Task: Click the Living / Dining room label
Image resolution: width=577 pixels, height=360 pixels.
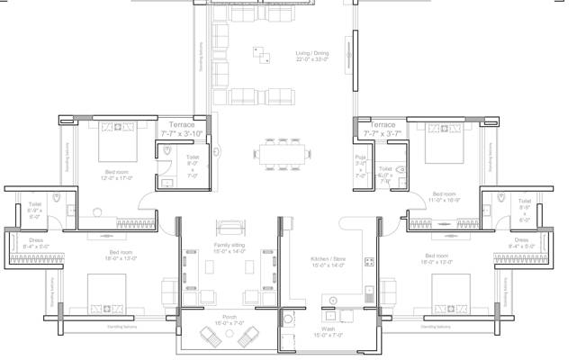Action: tap(313, 57)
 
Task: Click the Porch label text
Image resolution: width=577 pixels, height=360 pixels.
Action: tap(230, 319)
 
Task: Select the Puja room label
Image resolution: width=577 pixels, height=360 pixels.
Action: tap(360, 165)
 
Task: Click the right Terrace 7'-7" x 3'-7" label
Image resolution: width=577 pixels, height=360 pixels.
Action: tap(383, 129)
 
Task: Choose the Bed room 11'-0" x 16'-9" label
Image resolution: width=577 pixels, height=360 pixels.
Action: tap(445, 197)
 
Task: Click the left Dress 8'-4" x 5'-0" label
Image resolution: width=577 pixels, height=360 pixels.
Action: tap(35, 243)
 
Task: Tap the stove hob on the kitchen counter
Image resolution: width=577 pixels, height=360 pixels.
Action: tap(369, 264)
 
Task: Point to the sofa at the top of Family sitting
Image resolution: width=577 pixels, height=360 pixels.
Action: tap(230, 225)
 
